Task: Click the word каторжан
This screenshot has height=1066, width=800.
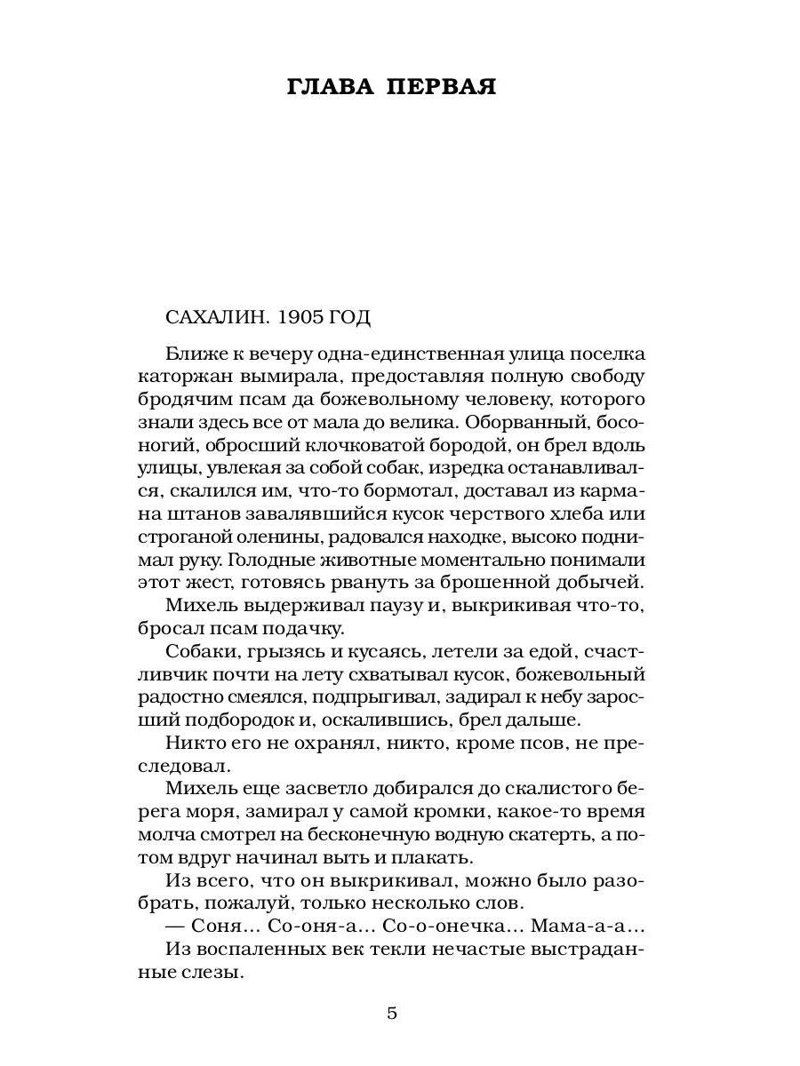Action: point(184,375)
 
